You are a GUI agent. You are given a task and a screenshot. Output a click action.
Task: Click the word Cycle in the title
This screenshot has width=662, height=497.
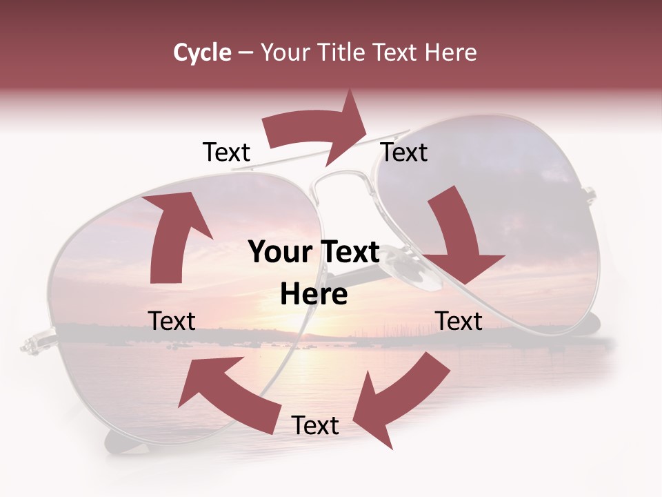click(x=202, y=52)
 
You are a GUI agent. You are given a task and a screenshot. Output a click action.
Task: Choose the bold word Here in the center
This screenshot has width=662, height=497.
click(x=314, y=295)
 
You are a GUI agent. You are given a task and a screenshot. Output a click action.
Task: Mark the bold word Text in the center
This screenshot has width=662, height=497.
click(x=347, y=253)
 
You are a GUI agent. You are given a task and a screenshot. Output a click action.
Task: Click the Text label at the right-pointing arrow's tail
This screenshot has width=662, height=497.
click(x=226, y=153)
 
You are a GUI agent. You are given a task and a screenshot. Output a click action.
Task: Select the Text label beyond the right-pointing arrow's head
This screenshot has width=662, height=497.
click(x=404, y=153)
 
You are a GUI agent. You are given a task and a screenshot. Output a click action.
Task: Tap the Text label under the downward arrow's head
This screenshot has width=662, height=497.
click(x=459, y=321)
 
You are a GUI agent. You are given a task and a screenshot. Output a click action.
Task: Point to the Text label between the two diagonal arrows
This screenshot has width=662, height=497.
click(x=315, y=426)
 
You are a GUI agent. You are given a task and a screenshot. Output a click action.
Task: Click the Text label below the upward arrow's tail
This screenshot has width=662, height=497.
click(x=172, y=321)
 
